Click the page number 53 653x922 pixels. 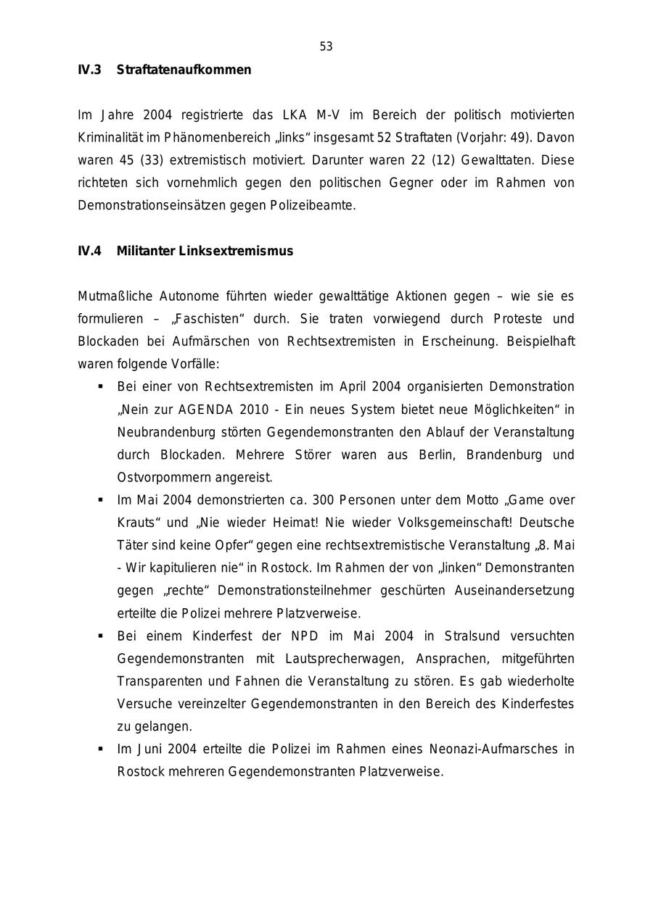pyautogui.click(x=326, y=47)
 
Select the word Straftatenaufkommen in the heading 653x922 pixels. pyautogui.click(x=184, y=70)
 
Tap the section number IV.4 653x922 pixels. pyautogui.click(x=89, y=252)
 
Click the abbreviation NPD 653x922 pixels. pyautogui.click(x=305, y=636)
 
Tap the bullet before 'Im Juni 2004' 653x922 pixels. pyautogui.click(x=101, y=749)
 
